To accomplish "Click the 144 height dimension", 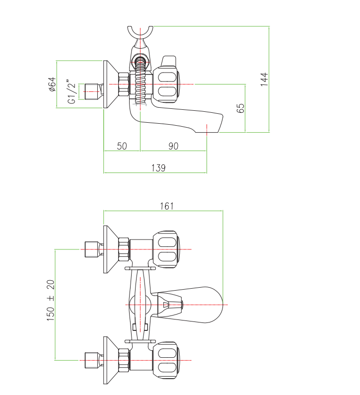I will (x=265, y=79).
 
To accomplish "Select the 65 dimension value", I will (x=241, y=108).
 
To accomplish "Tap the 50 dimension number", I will (x=122, y=146).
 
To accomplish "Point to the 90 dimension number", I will (x=173, y=146).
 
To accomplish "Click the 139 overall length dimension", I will (x=158, y=168).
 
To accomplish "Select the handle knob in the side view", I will (x=167, y=84).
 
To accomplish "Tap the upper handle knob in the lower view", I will (x=167, y=249).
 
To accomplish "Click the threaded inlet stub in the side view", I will (x=91, y=91).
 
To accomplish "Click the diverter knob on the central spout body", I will (x=171, y=304).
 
